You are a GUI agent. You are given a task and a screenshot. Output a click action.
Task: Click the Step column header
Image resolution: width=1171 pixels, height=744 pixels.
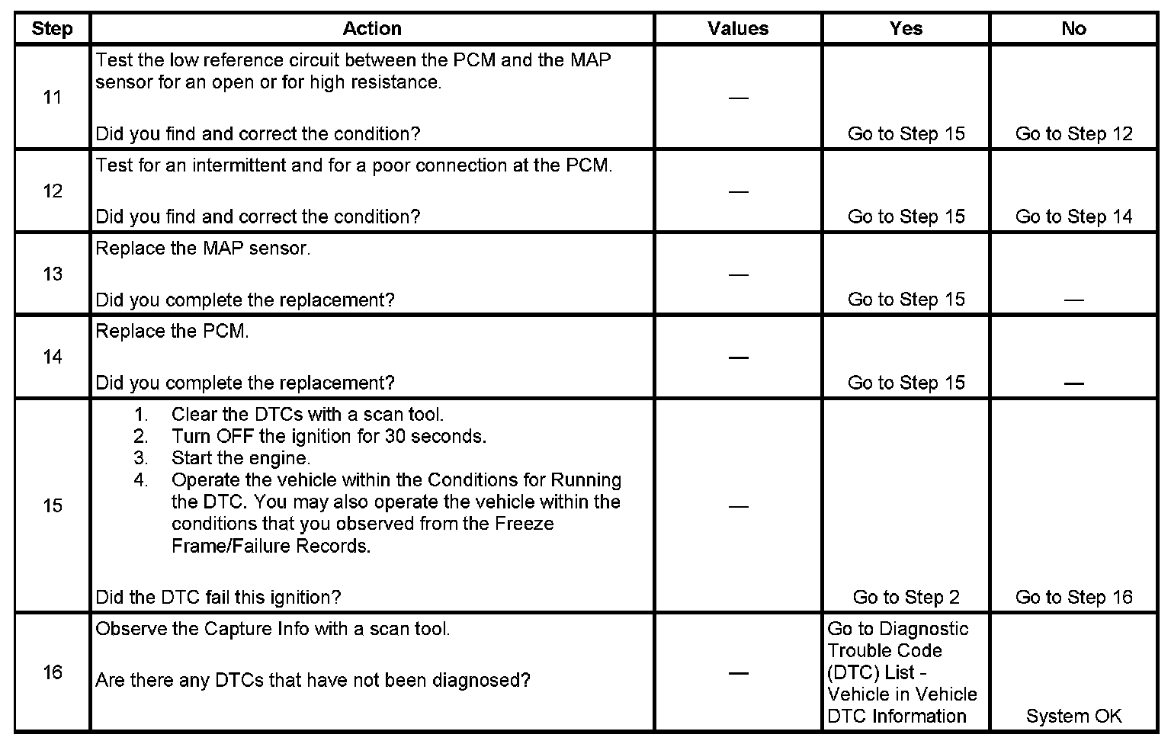click(52, 29)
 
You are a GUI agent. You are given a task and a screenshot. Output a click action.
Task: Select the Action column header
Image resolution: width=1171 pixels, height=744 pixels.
click(372, 29)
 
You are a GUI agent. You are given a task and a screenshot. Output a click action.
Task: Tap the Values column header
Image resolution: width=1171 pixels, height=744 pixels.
click(738, 29)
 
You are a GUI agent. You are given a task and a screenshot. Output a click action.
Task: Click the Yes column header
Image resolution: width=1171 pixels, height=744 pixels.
click(906, 29)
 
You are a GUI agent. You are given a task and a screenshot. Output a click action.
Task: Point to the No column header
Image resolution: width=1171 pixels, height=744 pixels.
click(1073, 29)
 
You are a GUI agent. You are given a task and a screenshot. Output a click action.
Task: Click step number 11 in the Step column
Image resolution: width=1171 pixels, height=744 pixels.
click(52, 98)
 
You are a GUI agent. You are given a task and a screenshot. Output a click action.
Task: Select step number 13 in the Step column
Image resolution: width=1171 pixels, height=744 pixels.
click(52, 274)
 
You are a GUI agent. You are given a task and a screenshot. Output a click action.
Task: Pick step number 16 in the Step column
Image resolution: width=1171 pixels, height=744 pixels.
click(52, 672)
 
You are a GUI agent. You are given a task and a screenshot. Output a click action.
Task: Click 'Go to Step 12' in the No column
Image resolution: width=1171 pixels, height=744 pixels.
click(1073, 134)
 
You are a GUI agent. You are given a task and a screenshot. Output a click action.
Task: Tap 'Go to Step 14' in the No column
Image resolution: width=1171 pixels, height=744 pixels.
click(1073, 217)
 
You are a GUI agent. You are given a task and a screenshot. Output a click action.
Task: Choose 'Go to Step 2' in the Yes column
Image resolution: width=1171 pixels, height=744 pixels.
click(906, 598)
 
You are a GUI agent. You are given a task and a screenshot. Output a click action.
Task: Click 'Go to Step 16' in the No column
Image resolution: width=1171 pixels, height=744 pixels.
click(1073, 598)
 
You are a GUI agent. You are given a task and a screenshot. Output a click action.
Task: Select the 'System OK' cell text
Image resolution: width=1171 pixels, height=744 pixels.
click(1073, 717)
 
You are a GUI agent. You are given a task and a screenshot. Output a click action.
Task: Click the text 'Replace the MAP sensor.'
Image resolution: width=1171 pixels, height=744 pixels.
click(203, 249)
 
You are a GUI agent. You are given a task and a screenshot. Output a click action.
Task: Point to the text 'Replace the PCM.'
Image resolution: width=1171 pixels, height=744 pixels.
click(172, 332)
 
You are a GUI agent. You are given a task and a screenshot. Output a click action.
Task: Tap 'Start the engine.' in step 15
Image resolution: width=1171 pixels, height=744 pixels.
click(240, 459)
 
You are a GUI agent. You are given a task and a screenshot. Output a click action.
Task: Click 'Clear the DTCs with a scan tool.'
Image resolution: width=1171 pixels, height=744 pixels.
click(307, 415)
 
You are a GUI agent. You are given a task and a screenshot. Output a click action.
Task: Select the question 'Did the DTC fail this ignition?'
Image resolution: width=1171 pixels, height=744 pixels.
click(218, 598)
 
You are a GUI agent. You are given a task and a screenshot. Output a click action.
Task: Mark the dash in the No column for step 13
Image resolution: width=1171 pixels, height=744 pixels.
click(1073, 300)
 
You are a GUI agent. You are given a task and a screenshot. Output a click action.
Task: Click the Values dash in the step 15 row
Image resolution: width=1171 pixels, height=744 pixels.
click(738, 506)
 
